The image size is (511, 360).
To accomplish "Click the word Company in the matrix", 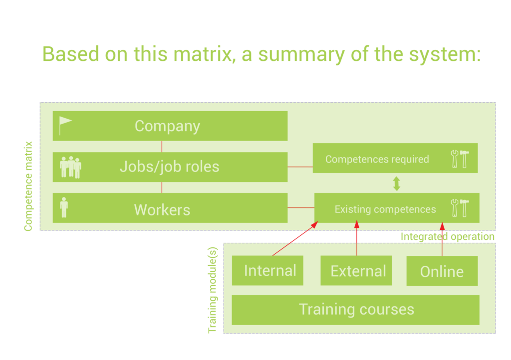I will [167, 126].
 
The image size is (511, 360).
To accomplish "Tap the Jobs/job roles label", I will [169, 167].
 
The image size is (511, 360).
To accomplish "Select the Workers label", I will [162, 210].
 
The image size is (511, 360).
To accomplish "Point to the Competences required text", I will [377, 160].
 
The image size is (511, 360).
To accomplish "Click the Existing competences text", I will [385, 209].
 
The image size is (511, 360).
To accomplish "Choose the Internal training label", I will [270, 271].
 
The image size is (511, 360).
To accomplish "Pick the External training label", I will [358, 271].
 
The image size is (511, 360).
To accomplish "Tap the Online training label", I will [442, 272].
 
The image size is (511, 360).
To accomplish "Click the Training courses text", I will [356, 309].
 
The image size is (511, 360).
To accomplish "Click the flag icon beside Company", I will [65, 125].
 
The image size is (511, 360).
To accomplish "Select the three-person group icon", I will [70, 167].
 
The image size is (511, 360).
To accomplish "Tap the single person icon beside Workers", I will [64, 207].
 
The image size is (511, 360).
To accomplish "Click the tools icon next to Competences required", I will [459, 159].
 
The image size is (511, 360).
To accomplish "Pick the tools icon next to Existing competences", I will [459, 208].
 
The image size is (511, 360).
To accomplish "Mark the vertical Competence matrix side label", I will [28, 186].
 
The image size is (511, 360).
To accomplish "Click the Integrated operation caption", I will [447, 237].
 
